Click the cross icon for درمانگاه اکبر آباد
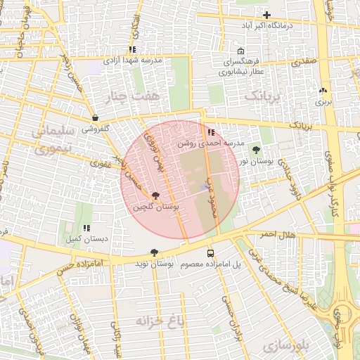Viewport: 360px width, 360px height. coord(266,15)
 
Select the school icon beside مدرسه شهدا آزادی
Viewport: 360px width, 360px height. coord(131,50)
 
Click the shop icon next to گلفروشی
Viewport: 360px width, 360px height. coord(95,118)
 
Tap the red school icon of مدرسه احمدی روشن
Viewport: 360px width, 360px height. coord(211,131)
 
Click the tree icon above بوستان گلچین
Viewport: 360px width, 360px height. coord(155,197)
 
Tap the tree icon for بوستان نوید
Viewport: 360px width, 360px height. coord(154,252)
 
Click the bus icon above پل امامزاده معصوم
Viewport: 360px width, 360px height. coord(210,253)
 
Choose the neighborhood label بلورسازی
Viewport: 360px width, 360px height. coord(284,347)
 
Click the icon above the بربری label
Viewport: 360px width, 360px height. coord(323,91)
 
